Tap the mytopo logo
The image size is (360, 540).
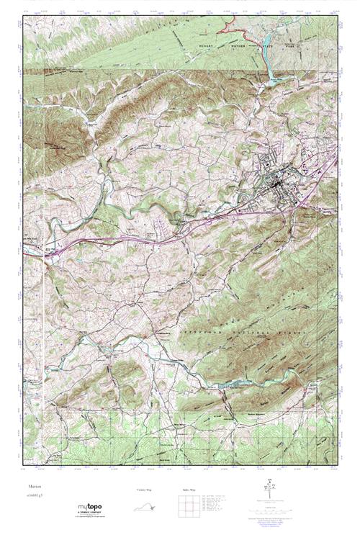point(91,508)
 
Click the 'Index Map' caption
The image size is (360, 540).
point(185,490)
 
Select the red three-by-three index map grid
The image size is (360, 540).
point(185,507)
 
